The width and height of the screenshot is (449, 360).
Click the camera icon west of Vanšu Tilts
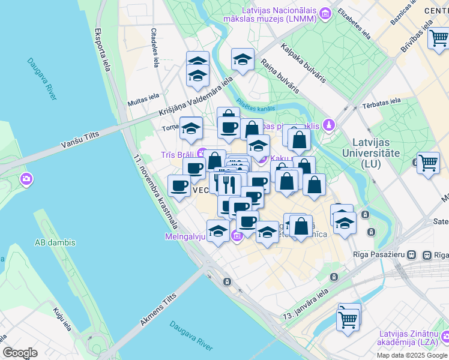[x=26, y=178]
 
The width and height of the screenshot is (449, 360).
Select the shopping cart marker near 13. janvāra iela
[x=348, y=318]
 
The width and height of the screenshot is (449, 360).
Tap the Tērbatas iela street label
[x=382, y=104]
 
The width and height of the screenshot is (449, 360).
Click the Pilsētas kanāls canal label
[x=256, y=105]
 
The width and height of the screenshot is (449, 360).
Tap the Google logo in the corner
[x=20, y=352]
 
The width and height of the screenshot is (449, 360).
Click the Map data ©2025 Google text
[x=412, y=355]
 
